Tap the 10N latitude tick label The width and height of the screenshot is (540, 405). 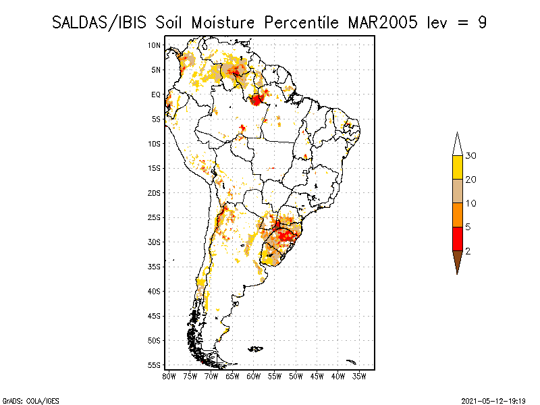pos(155,45)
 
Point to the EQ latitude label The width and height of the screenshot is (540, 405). pos(156,94)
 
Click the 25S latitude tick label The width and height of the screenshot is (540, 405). pos(155,217)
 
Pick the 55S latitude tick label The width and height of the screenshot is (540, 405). pos(155,365)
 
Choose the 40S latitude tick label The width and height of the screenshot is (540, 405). pos(155,291)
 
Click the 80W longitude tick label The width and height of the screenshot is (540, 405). pos(169,376)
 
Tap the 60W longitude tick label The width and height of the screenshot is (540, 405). pos(254,376)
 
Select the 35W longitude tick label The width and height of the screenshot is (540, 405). pos(359,376)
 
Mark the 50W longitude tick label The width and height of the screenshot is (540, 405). pos(296,376)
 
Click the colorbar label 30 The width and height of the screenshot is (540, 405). pos(471,156)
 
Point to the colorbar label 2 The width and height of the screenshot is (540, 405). pos(468,251)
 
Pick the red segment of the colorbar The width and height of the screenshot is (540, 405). pos(457,239)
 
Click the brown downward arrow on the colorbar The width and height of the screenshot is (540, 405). pos(457,261)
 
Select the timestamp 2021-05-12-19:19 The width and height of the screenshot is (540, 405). pos(493,400)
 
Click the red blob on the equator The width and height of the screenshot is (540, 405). pos(256,100)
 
